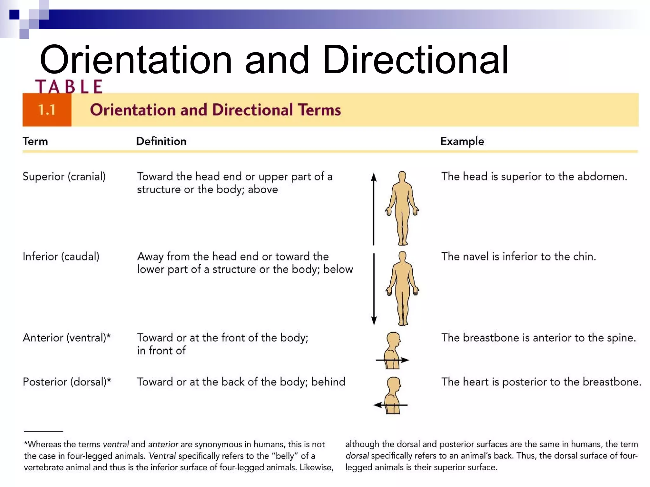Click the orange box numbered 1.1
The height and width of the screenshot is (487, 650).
tap(47, 110)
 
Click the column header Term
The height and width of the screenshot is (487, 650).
tap(35, 141)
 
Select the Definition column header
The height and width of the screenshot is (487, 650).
tap(161, 141)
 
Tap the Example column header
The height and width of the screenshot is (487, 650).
tap(462, 141)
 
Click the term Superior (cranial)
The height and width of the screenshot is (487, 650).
tap(64, 177)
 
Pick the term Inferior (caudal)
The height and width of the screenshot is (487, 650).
tap(61, 256)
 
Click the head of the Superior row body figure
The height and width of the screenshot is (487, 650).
tap(402, 176)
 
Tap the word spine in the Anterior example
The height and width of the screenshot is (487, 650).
tap(620, 338)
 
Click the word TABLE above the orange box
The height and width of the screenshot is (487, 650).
tap(69, 87)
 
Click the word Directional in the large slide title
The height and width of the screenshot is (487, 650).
tap(416, 60)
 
